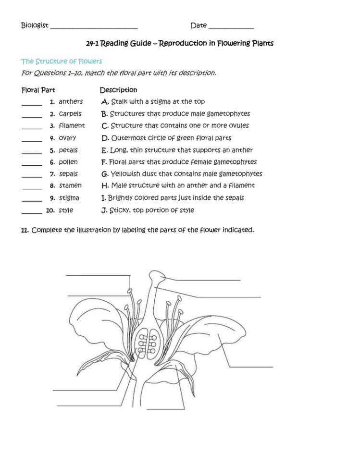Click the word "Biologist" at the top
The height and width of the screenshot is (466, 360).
click(x=35, y=25)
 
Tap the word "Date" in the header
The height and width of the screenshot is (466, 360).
click(x=199, y=25)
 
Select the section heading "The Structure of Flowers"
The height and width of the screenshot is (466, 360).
click(x=62, y=61)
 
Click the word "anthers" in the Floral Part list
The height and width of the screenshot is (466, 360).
click(x=71, y=102)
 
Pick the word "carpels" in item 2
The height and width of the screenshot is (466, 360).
click(x=70, y=114)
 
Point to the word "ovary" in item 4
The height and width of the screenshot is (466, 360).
click(x=67, y=138)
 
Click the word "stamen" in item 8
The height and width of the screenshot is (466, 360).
click(x=70, y=185)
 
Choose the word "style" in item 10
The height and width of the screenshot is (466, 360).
click(x=66, y=210)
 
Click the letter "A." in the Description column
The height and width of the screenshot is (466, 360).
click(x=105, y=102)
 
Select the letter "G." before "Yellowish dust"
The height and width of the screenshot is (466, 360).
click(x=105, y=174)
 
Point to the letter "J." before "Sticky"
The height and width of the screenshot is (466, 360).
click(x=104, y=210)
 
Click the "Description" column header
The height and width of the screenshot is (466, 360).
click(x=118, y=90)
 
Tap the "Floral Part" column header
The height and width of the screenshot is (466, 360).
click(x=38, y=90)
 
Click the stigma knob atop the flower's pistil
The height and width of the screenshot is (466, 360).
click(x=157, y=277)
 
